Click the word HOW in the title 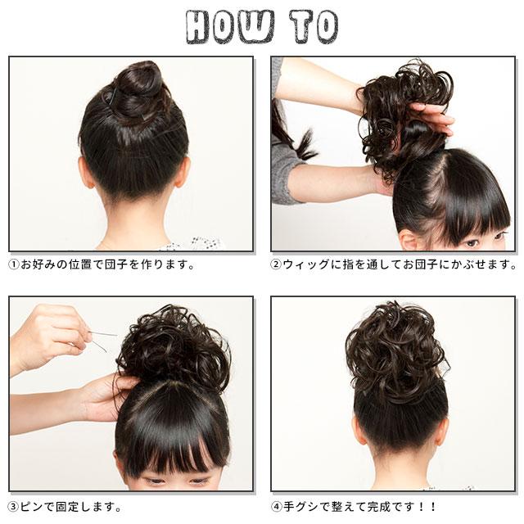tap(230, 27)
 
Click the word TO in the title tap(314, 27)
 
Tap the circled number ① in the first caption tap(14, 265)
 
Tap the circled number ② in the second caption tap(276, 265)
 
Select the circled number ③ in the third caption tap(14, 507)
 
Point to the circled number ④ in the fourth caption tap(276, 507)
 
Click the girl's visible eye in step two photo tap(472, 242)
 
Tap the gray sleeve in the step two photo tap(284, 167)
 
